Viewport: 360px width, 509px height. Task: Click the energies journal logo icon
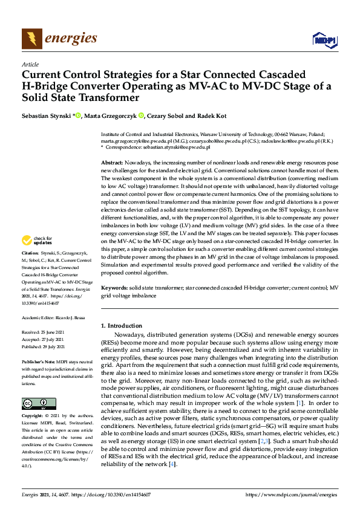coord(30,39)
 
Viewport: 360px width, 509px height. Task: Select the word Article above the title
coord(30,64)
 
